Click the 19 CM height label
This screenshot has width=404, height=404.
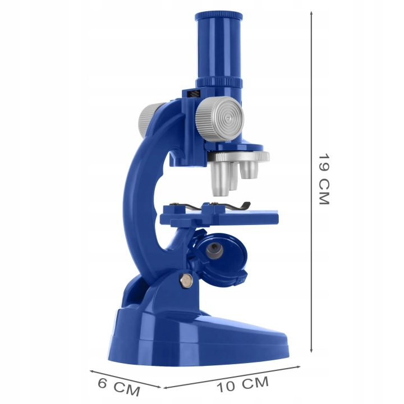click(324, 180)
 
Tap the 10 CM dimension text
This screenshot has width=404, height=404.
click(242, 384)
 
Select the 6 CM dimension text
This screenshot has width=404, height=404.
click(119, 387)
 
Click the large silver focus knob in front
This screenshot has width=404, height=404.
click(219, 119)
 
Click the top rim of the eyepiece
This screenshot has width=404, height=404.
click(218, 16)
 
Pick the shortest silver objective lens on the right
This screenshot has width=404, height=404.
click(249, 169)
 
